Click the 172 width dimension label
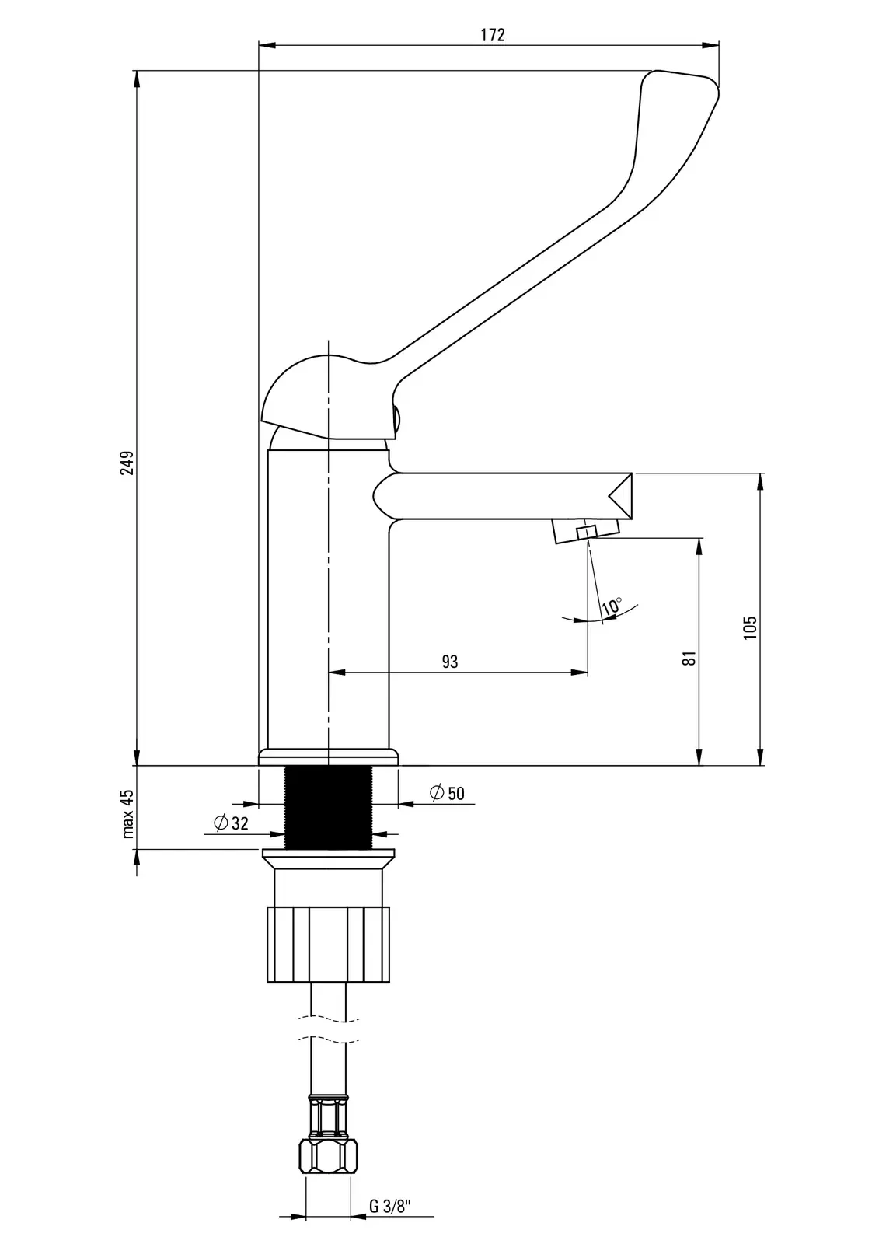[x=493, y=35]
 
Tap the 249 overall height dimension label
[x=128, y=463]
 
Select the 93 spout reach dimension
[x=450, y=662]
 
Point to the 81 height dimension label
[x=689, y=659]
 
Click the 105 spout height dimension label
[x=750, y=627]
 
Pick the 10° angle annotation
[x=612, y=605]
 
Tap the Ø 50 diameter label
[x=447, y=793]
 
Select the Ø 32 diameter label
[x=231, y=823]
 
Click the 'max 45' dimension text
[x=128, y=813]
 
